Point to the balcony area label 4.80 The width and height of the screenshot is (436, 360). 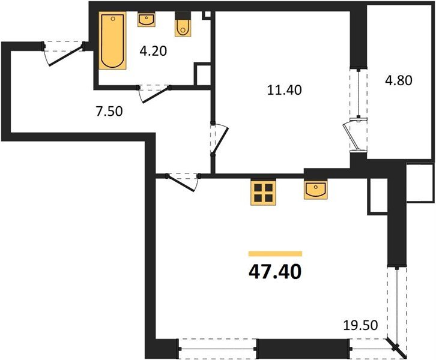(x=398, y=80)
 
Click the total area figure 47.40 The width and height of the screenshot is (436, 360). (x=275, y=272)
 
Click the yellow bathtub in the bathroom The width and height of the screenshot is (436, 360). (x=112, y=41)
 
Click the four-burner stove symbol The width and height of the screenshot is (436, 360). (x=263, y=193)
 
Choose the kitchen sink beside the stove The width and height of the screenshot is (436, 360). (x=316, y=190)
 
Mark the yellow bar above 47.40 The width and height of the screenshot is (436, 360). (x=275, y=254)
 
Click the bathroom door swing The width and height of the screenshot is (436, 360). (x=154, y=94)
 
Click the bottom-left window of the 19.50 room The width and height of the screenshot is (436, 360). (x=218, y=349)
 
